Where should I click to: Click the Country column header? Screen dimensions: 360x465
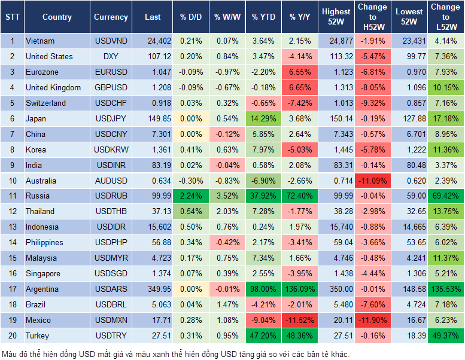[57, 17]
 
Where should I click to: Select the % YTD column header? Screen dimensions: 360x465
[263, 17]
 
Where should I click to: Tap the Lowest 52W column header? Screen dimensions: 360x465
[410, 17]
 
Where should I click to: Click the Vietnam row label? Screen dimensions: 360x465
[40, 41]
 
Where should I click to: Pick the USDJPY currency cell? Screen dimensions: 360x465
[111, 118]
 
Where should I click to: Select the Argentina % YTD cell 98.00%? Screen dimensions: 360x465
[263, 289]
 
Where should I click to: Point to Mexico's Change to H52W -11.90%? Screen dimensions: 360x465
[372, 320]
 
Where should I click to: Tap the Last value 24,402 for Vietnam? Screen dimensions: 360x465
[153, 41]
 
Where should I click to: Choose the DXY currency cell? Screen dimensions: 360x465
[111, 56]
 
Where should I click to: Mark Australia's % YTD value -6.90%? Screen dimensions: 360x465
[263, 181]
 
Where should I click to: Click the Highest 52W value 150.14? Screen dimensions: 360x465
[336, 118]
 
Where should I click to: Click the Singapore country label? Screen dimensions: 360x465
[43, 273]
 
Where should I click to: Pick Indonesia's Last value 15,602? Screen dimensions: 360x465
[153, 227]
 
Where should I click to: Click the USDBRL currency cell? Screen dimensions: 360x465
[111, 304]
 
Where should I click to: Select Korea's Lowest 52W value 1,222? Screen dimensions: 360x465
[410, 150]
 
